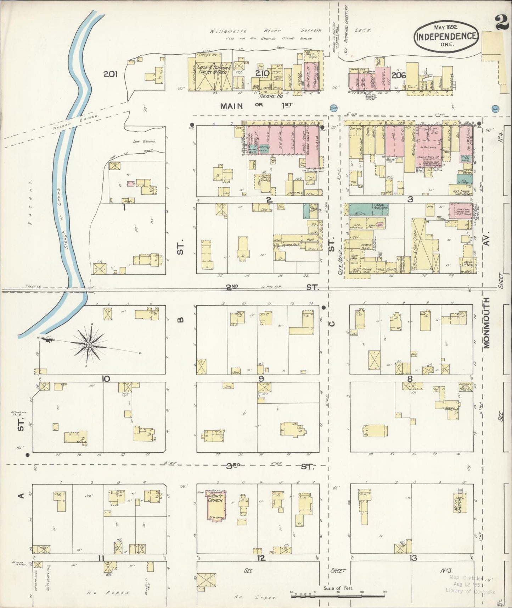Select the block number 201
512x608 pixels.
[x=111, y=74]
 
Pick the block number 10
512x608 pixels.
[x=106, y=378]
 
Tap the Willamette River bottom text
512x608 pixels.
[x=265, y=31]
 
